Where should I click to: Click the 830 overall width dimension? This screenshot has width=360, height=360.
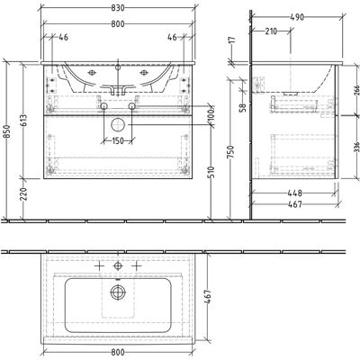point(118,8)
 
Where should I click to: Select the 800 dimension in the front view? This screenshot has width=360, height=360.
point(118,23)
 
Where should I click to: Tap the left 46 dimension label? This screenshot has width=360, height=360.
point(63,37)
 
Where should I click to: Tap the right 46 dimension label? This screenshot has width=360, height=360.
point(172,37)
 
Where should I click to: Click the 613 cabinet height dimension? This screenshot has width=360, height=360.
point(23,121)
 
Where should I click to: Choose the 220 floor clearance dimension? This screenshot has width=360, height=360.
point(23,194)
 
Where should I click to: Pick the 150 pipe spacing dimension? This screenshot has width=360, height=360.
point(118,140)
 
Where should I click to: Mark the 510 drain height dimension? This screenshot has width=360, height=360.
point(212,173)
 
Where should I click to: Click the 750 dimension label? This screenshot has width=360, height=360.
point(230,152)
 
